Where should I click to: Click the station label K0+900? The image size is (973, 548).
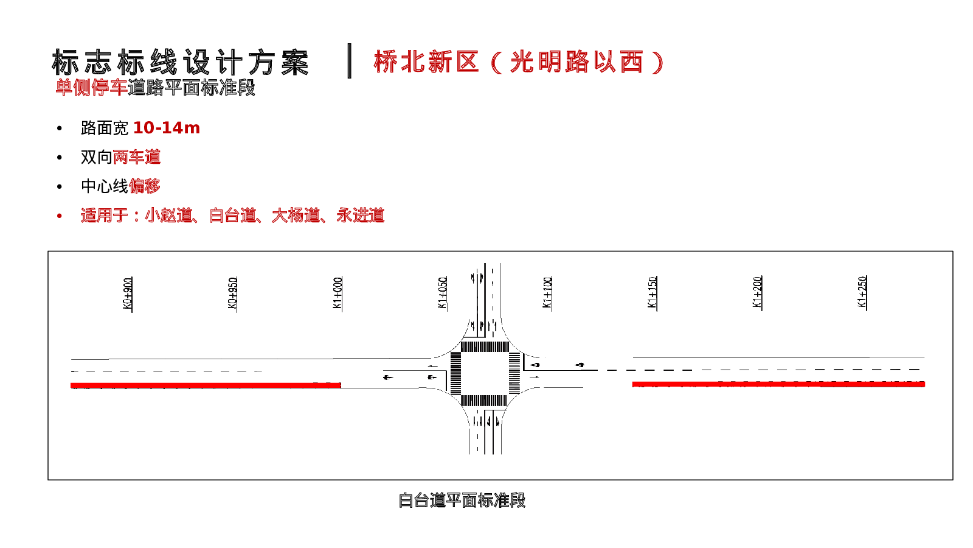pyautogui.click(x=128, y=293)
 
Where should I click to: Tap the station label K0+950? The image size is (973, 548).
pyautogui.click(x=232, y=293)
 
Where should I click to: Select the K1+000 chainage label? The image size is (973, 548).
pyautogui.click(x=338, y=293)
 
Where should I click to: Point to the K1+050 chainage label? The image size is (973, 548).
pyautogui.click(x=443, y=293)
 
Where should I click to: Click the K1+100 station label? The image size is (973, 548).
pyautogui.click(x=547, y=293)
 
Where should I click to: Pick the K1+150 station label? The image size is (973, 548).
pyautogui.click(x=653, y=293)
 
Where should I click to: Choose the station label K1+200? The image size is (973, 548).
pyautogui.click(x=757, y=292)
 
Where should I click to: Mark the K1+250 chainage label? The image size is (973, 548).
pyautogui.click(x=862, y=292)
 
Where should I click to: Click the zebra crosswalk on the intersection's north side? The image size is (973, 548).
pyautogui.click(x=485, y=347)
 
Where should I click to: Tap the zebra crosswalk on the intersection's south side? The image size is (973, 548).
pyautogui.click(x=484, y=401)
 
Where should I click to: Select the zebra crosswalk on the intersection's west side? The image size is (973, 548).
pyautogui.click(x=455, y=373)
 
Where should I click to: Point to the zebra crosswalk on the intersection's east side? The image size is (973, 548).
pyautogui.click(x=514, y=373)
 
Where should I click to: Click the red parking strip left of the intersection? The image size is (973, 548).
pyautogui.click(x=206, y=385)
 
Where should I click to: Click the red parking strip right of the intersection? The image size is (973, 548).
pyautogui.click(x=778, y=384)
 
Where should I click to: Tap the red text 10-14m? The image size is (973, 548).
pyautogui.click(x=166, y=128)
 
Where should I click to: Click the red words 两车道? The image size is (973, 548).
pyautogui.click(x=137, y=157)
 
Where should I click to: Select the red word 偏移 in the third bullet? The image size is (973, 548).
pyautogui.click(x=145, y=186)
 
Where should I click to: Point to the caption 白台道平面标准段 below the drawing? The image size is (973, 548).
pyautogui.click(x=462, y=501)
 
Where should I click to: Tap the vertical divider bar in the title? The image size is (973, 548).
pyautogui.click(x=350, y=61)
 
